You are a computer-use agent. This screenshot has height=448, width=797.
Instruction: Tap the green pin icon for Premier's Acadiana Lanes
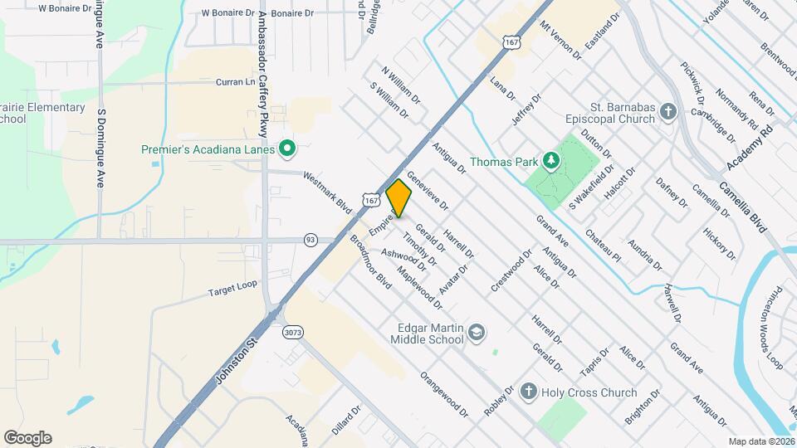coord(288,149)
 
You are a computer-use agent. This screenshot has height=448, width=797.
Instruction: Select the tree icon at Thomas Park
coord(549,160)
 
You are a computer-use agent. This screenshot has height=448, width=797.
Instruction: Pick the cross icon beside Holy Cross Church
coord(528,392)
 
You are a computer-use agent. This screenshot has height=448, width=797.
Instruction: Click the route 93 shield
coord(310,239)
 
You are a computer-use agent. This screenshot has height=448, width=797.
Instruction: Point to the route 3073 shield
coord(292,333)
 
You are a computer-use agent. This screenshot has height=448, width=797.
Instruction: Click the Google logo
coord(27,438)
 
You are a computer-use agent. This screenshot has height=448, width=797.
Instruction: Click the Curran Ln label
coord(236,82)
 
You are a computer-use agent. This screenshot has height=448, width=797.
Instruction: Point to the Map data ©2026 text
coord(760,441)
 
